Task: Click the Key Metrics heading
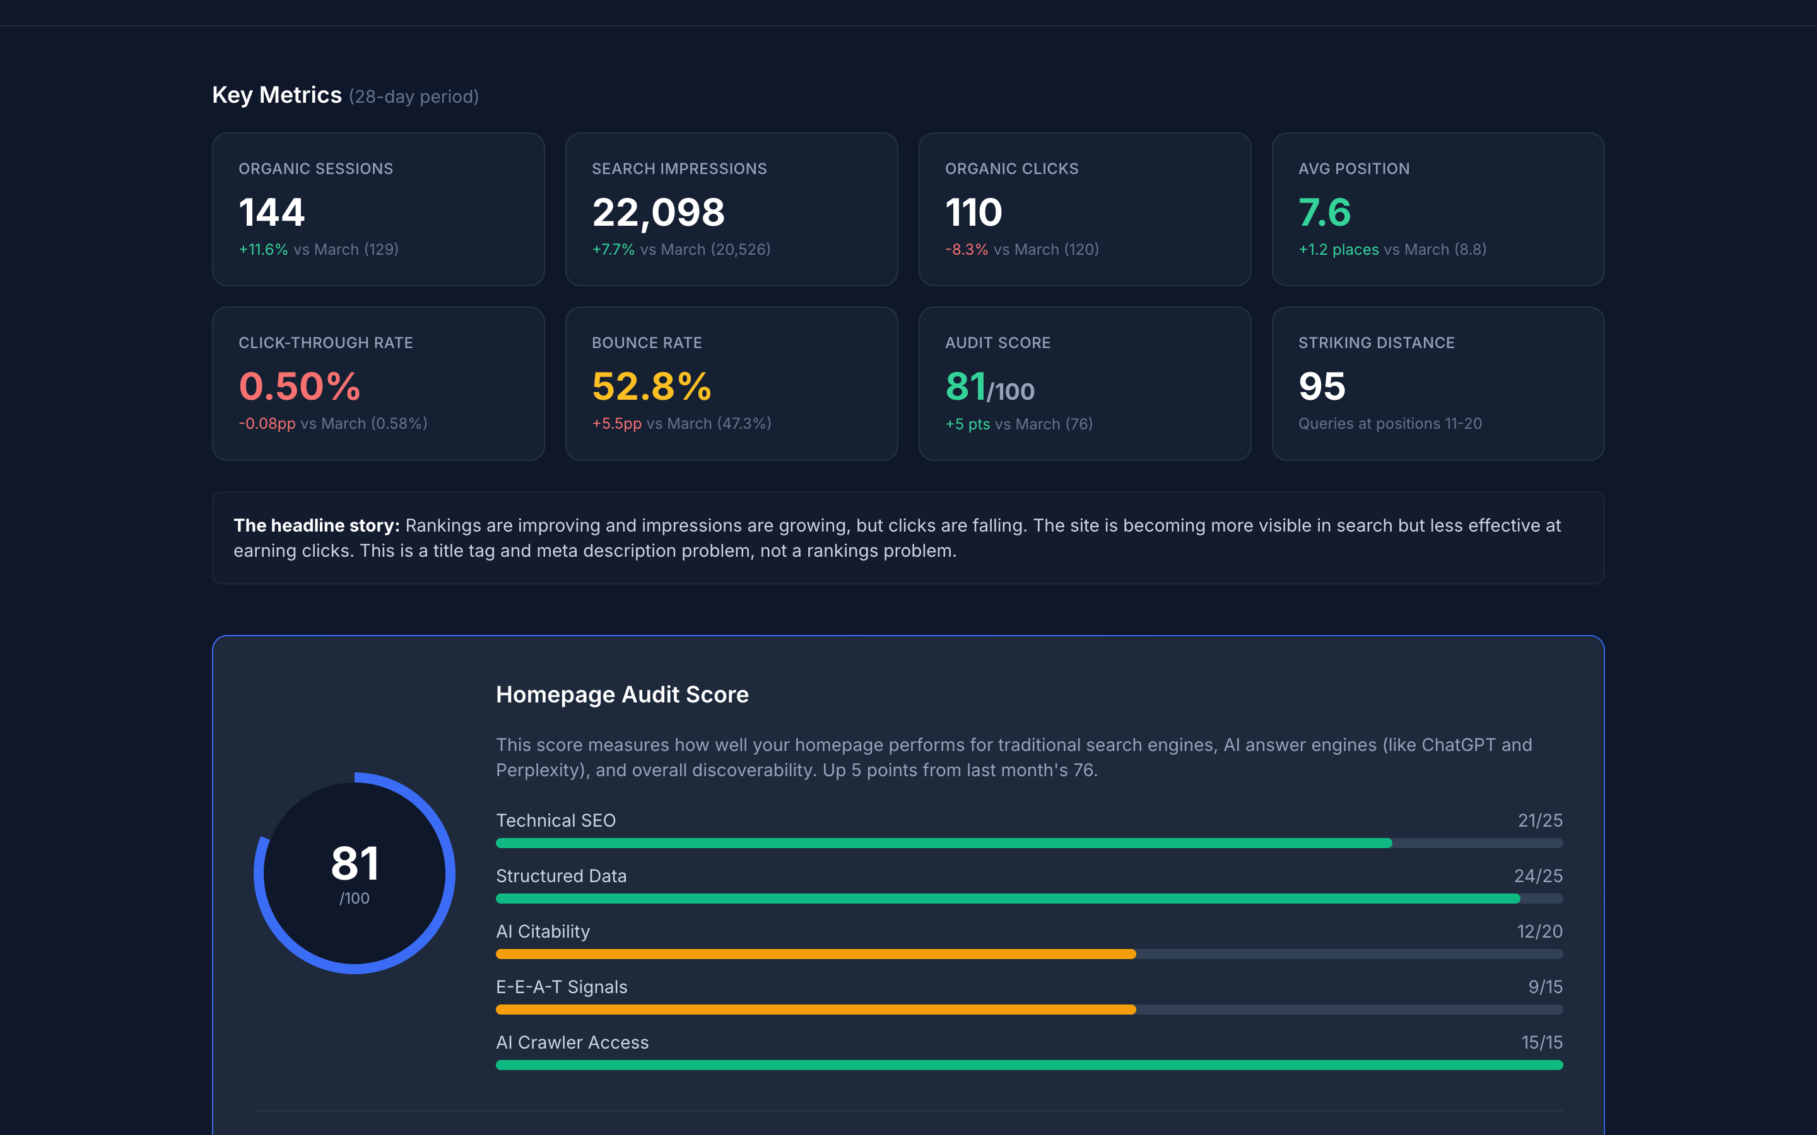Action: coord(276,95)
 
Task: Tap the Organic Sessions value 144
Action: coord(272,212)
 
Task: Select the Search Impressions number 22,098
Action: coord(659,212)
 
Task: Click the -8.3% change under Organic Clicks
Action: coord(967,249)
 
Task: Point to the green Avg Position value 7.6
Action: coord(1324,212)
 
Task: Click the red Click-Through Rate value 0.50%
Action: coord(300,387)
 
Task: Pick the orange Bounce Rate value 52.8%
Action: coord(651,387)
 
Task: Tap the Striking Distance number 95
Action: coord(1322,387)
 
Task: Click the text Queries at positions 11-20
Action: coord(1390,423)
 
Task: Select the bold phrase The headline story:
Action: coord(316,525)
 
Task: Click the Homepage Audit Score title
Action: coord(621,694)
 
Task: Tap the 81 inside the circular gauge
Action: coord(355,863)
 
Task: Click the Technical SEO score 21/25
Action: coord(1539,820)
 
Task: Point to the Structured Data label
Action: coord(561,876)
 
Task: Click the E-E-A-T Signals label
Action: coord(561,987)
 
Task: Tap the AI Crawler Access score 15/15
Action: coord(1541,1043)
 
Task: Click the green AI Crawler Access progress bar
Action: coord(1028,1065)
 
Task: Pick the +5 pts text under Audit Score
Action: coord(967,424)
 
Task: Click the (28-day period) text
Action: coord(414,97)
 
